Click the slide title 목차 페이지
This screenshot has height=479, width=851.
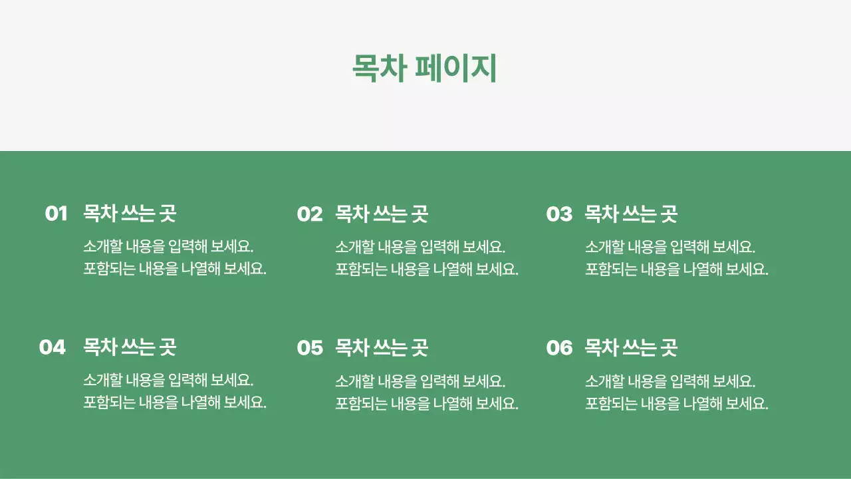coord(424,69)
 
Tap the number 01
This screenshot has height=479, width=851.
coord(57,214)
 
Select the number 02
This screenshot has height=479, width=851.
coord(309,214)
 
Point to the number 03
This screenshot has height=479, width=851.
coord(559,214)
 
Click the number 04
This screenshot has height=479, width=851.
coord(53,347)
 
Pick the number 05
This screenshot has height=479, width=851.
coord(309,347)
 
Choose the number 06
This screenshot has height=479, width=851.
coord(559,347)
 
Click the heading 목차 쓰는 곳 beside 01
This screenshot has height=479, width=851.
coord(130,214)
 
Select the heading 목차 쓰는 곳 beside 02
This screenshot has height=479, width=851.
coord(382,214)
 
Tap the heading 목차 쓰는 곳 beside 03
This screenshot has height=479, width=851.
coord(631,214)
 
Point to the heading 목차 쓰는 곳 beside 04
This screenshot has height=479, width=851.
coord(130,347)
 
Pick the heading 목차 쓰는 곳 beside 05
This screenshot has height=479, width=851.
coord(382,347)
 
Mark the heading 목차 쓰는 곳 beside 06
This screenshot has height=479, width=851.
coord(631,347)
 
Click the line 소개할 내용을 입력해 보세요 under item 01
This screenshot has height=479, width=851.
coord(169,247)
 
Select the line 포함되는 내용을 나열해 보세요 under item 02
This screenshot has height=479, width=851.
coord(427,269)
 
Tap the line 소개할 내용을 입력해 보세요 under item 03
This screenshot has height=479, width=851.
coord(670,247)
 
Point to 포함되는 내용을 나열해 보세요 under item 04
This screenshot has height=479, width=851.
coord(175,402)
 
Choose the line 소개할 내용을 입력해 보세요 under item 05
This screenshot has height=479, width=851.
coord(421,381)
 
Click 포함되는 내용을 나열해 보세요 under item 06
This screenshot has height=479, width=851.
coord(677,402)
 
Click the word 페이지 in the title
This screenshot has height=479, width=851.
coord(456,69)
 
